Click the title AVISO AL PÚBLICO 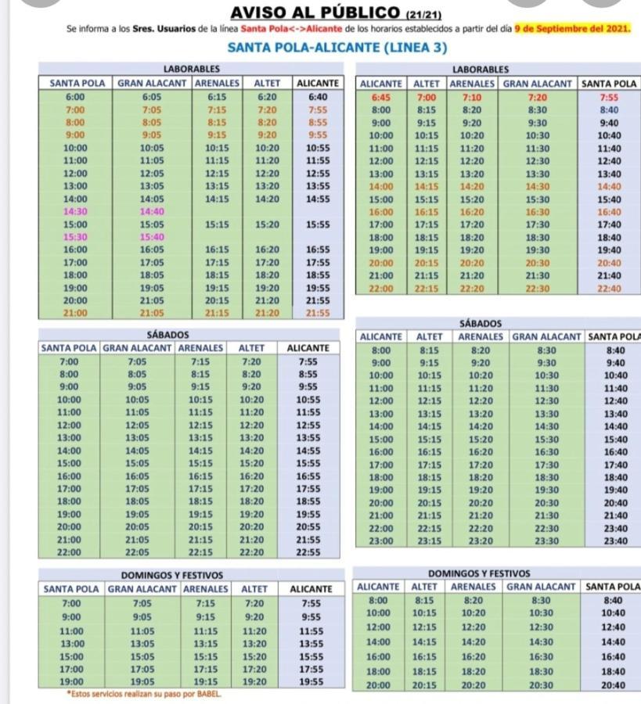click(315, 13)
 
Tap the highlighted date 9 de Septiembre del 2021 click(572, 29)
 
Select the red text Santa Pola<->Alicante click(291, 29)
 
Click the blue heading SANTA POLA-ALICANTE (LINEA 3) click(337, 48)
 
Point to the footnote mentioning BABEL click(144, 694)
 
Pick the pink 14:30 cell click(75, 211)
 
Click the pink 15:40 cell click(152, 236)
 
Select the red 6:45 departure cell click(381, 98)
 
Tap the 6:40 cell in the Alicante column click(318, 97)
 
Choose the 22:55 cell click(308, 552)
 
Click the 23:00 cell click(381, 541)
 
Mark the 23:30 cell click(546, 541)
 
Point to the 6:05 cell click(152, 97)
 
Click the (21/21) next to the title click(423, 16)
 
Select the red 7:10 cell click(472, 98)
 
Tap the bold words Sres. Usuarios click(164, 29)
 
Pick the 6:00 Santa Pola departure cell click(75, 97)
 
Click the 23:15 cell click(430, 541)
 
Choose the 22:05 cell click(137, 552)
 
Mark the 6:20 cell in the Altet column click(267, 97)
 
